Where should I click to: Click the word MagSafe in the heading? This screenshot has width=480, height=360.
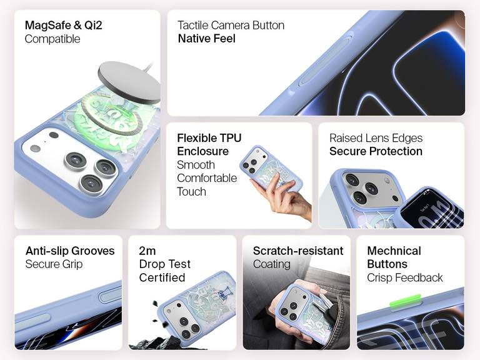[47, 25]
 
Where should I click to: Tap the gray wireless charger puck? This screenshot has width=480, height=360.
[129, 82]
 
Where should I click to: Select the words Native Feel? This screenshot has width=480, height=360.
[207, 39]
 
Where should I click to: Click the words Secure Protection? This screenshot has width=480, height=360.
[376, 151]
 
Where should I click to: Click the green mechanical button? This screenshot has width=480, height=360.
[405, 301]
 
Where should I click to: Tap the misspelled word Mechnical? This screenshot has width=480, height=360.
[394, 251]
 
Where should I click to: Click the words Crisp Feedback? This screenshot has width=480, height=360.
[405, 277]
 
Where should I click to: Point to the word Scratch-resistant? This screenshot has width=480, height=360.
[298, 251]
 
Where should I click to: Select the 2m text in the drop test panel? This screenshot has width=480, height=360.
[147, 251]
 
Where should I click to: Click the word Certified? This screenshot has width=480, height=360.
[162, 277]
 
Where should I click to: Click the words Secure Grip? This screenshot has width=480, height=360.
[54, 264]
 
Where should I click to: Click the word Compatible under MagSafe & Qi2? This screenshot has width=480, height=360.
[52, 39]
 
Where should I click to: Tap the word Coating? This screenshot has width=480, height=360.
[271, 264]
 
